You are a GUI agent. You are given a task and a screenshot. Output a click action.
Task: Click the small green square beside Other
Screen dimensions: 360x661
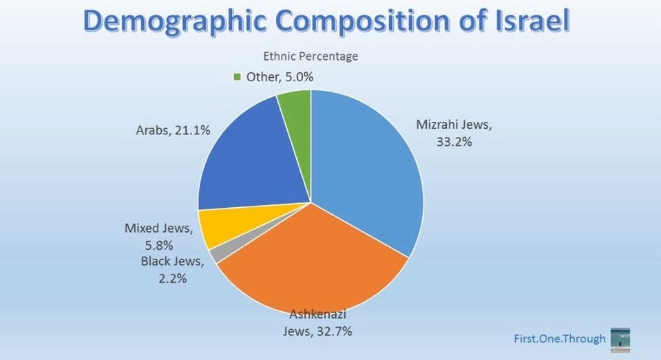[x=238, y=77]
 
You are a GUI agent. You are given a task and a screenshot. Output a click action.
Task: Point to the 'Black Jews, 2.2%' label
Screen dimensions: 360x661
[x=172, y=269]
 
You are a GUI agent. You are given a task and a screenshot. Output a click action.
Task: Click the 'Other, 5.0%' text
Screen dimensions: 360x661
[x=280, y=77]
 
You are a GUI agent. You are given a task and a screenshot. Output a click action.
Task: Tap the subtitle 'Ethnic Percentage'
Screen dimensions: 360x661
[x=311, y=56]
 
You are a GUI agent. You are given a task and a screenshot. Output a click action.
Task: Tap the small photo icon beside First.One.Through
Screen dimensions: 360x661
[x=620, y=339]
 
